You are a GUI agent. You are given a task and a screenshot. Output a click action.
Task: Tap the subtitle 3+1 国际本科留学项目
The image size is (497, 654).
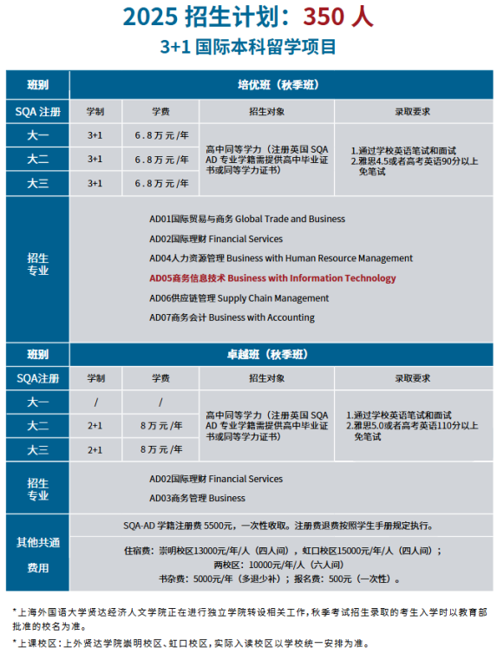(x=248, y=47)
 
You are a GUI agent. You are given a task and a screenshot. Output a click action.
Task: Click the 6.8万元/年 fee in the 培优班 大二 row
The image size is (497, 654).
(x=160, y=160)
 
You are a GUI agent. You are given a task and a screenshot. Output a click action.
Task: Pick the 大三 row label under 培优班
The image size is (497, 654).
(x=37, y=183)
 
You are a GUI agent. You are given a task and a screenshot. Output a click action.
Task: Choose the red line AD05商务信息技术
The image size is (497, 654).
(x=272, y=278)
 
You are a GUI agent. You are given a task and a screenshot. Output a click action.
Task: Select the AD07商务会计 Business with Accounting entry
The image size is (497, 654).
(x=232, y=317)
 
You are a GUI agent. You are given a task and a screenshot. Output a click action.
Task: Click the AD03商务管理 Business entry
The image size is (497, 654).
(x=197, y=498)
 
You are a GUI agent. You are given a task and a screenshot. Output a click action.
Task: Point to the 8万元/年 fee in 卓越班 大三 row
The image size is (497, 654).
(x=160, y=450)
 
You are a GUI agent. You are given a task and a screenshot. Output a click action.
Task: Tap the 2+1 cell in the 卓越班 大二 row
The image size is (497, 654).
(x=95, y=426)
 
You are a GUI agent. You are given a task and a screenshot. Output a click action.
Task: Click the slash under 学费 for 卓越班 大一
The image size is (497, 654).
(x=160, y=402)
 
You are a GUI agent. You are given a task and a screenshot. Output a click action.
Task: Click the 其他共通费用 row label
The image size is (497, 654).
(x=37, y=555)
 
